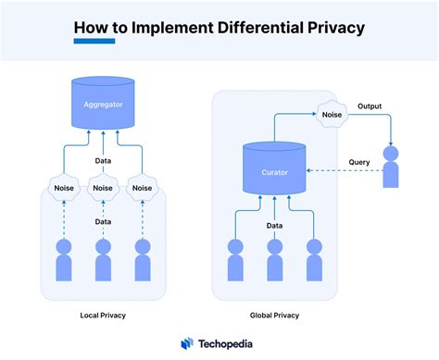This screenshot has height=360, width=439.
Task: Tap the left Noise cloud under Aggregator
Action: pyautogui.click(x=64, y=188)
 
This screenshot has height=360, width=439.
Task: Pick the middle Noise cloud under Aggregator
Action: pyautogui.click(x=103, y=188)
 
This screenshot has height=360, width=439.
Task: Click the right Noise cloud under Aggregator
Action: pyautogui.click(x=142, y=188)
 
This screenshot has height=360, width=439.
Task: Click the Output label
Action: pyautogui.click(x=370, y=106)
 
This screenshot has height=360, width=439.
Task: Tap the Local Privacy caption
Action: pyautogui.click(x=103, y=316)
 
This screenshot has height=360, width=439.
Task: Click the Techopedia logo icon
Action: pyautogui.click(x=186, y=342)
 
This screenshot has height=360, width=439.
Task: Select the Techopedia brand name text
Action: pyautogui.click(x=229, y=342)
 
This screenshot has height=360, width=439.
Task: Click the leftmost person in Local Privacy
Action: pyautogui.click(x=64, y=260)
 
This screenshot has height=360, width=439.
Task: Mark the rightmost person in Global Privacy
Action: pyautogui.click(x=313, y=260)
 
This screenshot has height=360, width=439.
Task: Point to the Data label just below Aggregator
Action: pyautogui.click(x=103, y=159)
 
